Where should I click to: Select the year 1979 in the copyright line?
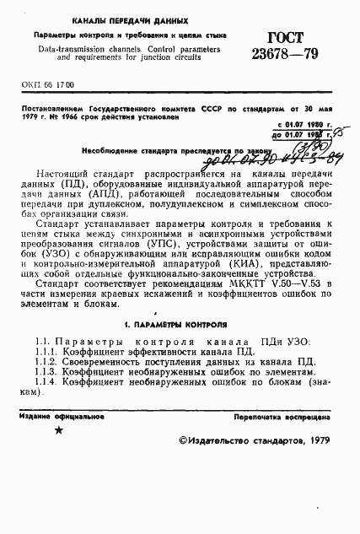coord(314,463)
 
